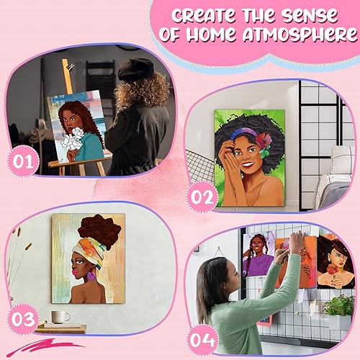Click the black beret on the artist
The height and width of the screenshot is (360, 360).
click(x=135, y=69)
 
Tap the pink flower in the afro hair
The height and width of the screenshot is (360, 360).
click(x=264, y=138)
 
